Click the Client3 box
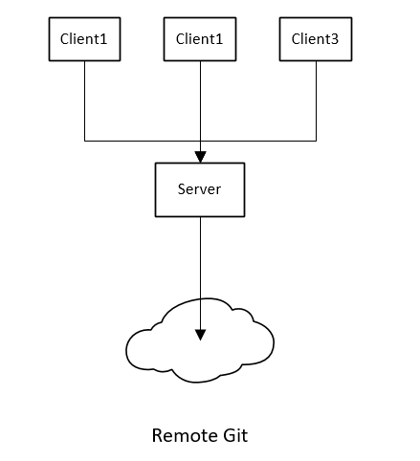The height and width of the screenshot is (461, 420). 316,39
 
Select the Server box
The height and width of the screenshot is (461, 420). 200,189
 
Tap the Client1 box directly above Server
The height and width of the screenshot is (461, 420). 200,39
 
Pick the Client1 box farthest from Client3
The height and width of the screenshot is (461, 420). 84,39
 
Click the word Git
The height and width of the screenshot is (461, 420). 235,435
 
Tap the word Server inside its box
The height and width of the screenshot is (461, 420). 199,189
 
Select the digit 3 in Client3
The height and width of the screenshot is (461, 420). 335,39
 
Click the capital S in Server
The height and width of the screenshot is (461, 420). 182,189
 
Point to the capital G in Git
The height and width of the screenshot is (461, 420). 229,435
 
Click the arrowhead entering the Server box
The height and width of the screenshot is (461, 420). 200,157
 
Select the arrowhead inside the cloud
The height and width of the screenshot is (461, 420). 200,335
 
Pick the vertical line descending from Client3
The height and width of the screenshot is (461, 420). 316,100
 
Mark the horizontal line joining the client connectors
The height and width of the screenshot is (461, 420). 200,141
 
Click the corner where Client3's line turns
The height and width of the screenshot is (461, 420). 316,141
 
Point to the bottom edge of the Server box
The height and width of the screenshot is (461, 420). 200,217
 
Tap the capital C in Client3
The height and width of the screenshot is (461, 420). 296,39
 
